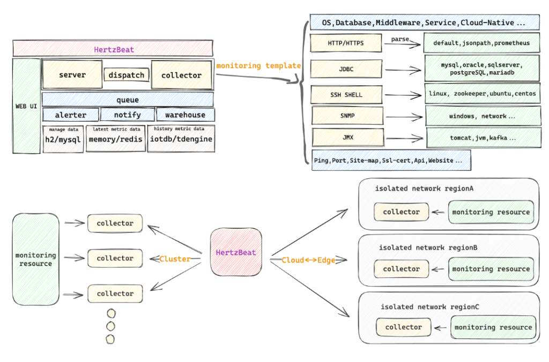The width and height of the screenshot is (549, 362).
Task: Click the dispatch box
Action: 127,75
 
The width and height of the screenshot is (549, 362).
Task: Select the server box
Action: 72,74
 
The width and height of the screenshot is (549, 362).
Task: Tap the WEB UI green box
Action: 26,106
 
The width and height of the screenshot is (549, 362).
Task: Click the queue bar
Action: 128,100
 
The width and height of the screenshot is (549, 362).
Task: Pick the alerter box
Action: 71,115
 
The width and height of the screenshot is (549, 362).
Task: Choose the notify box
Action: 128,115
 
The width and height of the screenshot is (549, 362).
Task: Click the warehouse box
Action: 185,115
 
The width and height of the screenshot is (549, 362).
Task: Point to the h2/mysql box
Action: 63,139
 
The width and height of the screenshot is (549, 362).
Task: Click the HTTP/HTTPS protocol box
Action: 346,43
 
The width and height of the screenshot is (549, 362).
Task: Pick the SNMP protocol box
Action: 347,115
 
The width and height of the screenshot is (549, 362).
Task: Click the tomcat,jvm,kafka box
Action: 483,138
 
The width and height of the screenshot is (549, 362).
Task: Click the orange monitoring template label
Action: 258,66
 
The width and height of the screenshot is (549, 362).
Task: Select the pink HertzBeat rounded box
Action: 236,252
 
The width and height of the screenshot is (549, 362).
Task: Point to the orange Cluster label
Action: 175,259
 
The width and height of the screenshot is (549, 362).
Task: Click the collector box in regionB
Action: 401,269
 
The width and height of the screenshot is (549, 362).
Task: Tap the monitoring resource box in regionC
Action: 493,327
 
